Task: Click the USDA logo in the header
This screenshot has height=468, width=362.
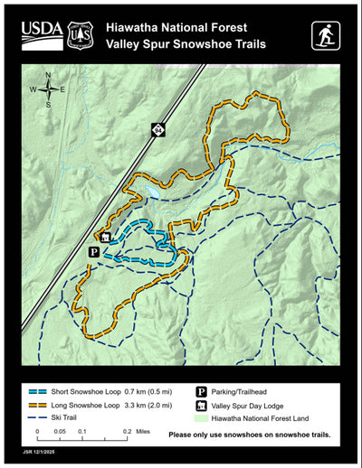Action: (42, 34)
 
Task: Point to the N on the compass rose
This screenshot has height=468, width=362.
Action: (48, 76)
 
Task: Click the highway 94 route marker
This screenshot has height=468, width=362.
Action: (158, 131)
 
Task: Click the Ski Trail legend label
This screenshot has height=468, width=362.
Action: (83, 418)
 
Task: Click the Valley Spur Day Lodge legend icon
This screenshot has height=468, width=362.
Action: (201, 406)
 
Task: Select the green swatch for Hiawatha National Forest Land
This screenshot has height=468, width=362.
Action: (201, 419)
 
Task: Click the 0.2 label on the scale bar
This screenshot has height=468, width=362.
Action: (127, 433)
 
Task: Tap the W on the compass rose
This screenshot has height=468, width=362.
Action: (33, 89)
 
